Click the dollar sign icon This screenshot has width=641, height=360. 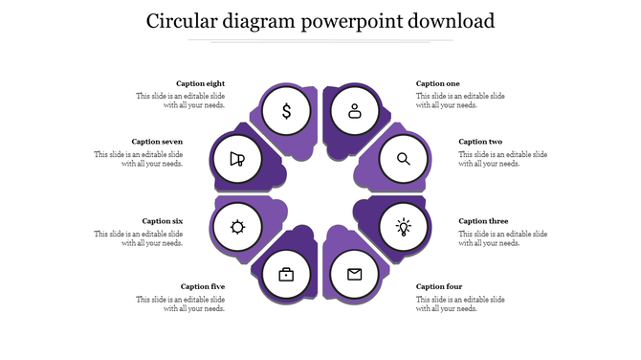click(x=286, y=111)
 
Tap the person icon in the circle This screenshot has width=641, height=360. click(x=355, y=111)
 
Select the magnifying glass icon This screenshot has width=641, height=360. click(x=404, y=159)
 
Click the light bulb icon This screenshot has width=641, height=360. click(x=404, y=227)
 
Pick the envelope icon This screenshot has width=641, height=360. click(x=355, y=275)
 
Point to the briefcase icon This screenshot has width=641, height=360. click(x=286, y=275)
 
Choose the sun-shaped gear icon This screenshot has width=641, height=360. click(x=237, y=227)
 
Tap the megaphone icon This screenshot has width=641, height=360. click(x=237, y=159)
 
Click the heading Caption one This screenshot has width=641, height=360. click(x=438, y=84)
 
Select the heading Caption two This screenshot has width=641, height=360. click(x=480, y=142)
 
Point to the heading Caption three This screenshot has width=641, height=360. click(x=483, y=221)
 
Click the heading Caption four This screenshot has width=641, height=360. click(x=439, y=286)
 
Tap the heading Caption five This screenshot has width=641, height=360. click(x=203, y=286)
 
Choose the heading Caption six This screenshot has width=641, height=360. click(x=163, y=221)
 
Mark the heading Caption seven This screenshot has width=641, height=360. click(x=157, y=142)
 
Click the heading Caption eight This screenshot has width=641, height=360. click(x=201, y=84)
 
